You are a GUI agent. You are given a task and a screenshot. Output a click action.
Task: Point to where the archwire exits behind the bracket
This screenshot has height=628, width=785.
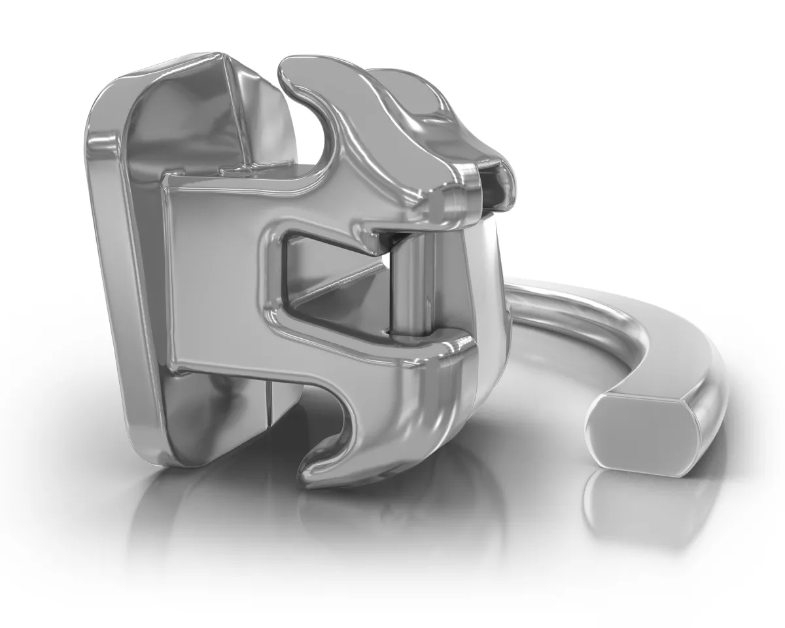523,294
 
